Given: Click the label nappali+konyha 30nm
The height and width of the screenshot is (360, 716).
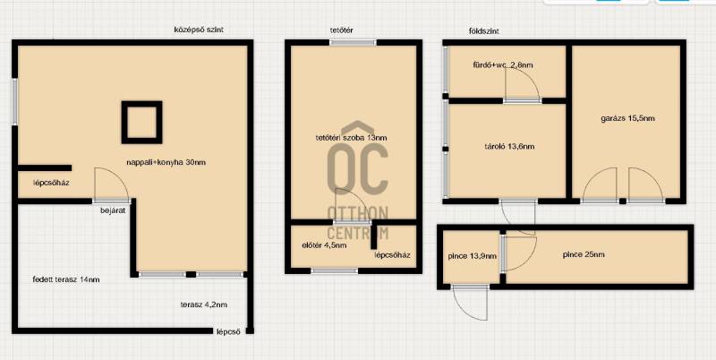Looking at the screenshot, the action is click(x=166, y=162).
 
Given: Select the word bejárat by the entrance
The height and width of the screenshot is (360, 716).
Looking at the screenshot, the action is click(x=113, y=210).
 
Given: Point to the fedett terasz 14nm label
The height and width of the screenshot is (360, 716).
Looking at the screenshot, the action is click(x=66, y=279).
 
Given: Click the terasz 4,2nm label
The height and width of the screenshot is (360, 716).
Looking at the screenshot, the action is click(x=204, y=304).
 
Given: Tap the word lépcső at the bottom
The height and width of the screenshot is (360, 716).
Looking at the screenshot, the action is click(x=228, y=332).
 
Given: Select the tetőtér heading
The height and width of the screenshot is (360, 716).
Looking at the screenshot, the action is click(x=342, y=30).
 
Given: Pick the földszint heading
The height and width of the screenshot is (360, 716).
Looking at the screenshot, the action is click(x=483, y=31).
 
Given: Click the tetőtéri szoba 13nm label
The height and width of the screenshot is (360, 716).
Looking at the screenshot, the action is click(x=352, y=138).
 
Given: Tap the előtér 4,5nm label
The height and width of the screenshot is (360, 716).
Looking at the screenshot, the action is click(x=324, y=244).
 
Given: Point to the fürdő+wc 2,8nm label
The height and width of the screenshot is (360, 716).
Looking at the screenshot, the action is click(x=503, y=64).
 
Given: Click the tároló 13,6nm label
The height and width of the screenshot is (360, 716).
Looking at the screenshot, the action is click(x=509, y=147).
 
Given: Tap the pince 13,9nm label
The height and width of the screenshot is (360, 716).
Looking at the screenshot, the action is click(x=473, y=256).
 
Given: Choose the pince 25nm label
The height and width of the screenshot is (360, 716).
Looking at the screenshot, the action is click(x=584, y=254).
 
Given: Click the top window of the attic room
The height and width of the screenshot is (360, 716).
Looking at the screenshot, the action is click(x=353, y=42).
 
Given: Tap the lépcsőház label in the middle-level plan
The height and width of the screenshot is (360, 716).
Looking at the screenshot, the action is click(x=51, y=183).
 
